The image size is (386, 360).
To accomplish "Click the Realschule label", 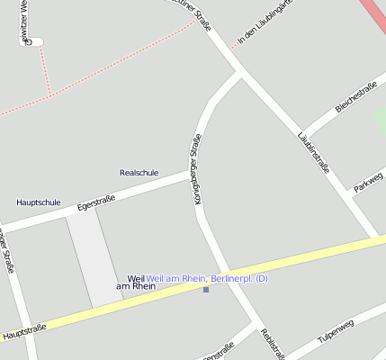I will pos(139,172).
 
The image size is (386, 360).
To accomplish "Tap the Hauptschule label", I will pos(39,202).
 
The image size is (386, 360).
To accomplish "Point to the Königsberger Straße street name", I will pos(197,168).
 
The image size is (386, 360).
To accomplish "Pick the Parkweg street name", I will pos(369,182).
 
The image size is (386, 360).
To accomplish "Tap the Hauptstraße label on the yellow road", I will pos(24,333).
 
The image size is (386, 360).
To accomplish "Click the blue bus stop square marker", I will pos(206,289).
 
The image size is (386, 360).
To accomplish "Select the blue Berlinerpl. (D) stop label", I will pos(207,278).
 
